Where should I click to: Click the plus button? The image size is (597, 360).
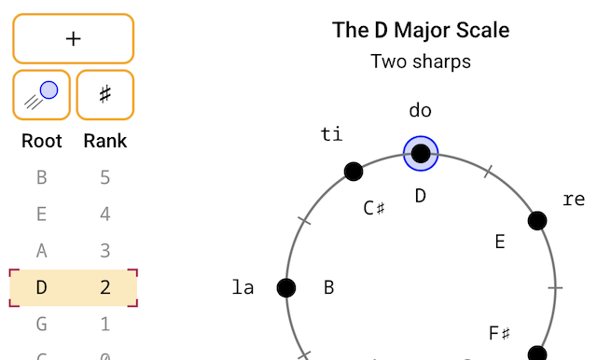(73, 38)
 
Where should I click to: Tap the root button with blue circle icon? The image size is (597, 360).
(41, 95)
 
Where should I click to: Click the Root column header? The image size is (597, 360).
(41, 141)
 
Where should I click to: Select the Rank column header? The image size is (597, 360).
(105, 141)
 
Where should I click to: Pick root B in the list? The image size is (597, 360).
(41, 177)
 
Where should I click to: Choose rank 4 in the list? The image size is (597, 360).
(105, 214)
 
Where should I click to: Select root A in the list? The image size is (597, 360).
(41, 250)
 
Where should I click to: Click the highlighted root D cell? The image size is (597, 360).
(41, 287)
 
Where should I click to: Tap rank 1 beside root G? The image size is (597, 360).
(105, 324)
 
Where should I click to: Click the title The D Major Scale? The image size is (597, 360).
(421, 30)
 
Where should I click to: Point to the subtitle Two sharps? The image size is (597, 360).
(421, 62)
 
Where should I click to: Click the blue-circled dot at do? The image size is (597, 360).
(421, 154)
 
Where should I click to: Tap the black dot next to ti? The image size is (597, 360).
(354, 172)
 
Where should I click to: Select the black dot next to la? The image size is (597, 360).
(286, 287)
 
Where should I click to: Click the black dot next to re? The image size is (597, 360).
(537, 221)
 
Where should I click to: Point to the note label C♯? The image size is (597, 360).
(374, 208)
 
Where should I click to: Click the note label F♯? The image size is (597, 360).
(499, 333)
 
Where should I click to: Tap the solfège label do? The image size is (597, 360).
(421, 110)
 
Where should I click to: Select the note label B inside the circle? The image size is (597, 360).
(329, 287)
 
